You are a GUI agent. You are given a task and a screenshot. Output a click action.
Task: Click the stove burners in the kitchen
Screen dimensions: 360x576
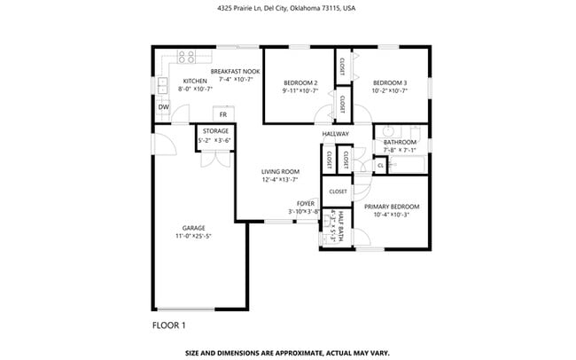(x=186, y=58)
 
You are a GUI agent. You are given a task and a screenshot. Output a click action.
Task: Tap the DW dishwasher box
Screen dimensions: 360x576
(x=163, y=107)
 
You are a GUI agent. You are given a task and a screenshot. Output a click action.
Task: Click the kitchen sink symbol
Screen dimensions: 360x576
(x=163, y=86)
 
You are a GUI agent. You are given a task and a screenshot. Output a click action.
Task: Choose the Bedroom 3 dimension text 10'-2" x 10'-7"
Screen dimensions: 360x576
(x=391, y=90)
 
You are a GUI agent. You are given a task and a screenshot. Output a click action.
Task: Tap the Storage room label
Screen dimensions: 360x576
(x=215, y=131)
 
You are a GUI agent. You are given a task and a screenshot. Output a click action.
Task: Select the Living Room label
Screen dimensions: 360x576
(x=280, y=171)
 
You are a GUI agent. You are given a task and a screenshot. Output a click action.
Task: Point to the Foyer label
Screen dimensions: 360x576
(x=306, y=202)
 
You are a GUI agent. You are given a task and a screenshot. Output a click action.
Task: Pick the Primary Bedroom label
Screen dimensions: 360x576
(x=391, y=206)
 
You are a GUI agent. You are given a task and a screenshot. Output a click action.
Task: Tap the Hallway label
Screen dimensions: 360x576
(x=335, y=134)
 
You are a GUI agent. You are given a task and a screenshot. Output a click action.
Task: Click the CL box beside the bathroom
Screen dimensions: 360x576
(x=380, y=164)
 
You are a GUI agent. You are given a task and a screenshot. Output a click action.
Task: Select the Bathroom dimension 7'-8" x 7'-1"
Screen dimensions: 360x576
(x=400, y=150)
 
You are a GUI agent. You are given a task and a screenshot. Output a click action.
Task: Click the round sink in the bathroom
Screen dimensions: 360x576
(x=389, y=130)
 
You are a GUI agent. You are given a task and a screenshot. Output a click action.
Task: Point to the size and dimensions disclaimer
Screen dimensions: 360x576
(x=287, y=352)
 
